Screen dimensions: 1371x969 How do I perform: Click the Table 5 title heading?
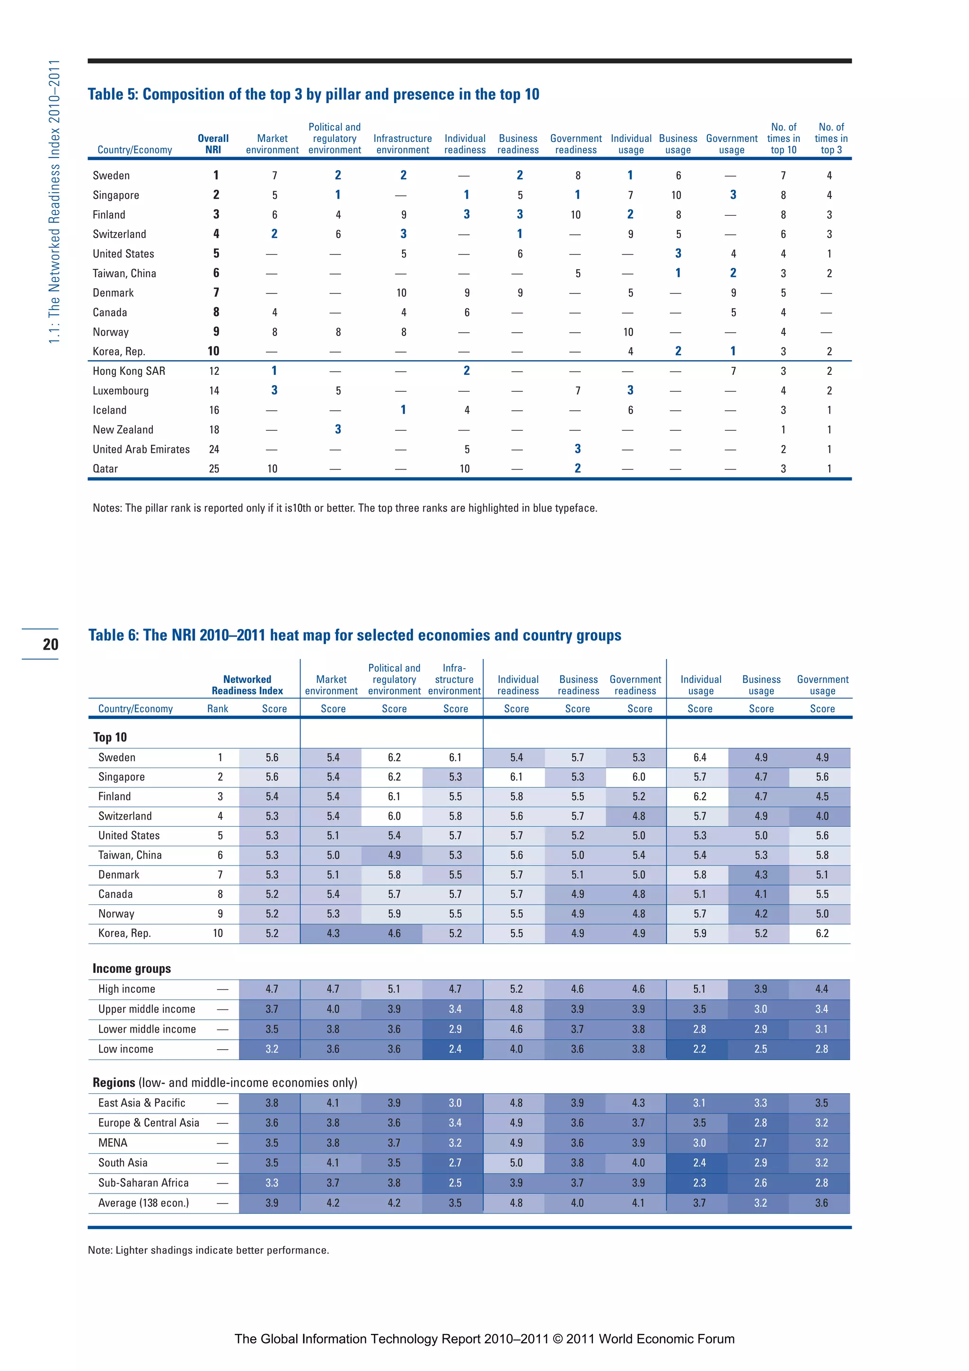click(313, 94)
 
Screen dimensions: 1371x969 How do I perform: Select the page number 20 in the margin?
click(50, 644)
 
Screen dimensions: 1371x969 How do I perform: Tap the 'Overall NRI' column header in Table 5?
click(213, 144)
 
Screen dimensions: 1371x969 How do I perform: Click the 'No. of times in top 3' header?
click(830, 139)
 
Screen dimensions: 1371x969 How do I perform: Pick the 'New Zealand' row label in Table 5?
click(123, 430)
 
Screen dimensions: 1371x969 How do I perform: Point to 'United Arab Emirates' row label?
click(141, 450)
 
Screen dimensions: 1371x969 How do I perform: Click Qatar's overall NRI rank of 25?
click(214, 469)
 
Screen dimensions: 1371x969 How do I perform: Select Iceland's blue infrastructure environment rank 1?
click(403, 410)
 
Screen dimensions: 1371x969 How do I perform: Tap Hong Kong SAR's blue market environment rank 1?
click(274, 371)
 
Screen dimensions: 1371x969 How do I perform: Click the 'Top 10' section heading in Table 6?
click(110, 737)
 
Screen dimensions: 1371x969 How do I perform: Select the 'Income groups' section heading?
click(132, 969)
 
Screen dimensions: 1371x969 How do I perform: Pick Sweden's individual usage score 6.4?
click(699, 757)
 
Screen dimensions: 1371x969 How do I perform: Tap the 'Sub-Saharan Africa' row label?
click(143, 1183)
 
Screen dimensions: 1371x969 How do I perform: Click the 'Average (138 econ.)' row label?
click(143, 1203)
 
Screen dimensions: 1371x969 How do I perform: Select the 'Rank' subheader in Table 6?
click(217, 709)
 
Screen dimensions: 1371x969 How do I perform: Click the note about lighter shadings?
click(208, 1250)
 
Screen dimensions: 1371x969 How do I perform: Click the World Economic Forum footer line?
click(484, 1339)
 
